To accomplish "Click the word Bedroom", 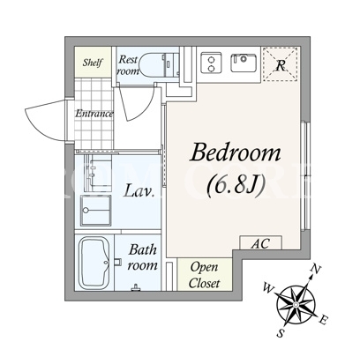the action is (x=236, y=152).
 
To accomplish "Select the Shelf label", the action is (x=93, y=63).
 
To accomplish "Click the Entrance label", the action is (x=94, y=114).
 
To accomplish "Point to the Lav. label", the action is (x=139, y=191).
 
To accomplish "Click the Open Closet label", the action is (x=204, y=275).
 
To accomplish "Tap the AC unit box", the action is (x=261, y=242).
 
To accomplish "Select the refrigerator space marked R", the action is (x=281, y=64).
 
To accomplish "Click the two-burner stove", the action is (x=211, y=63).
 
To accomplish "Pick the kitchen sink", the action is (x=244, y=63).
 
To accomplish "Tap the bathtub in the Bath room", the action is (x=94, y=263).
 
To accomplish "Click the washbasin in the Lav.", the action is (x=96, y=211).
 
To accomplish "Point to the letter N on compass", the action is (x=316, y=269).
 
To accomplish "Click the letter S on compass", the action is (x=281, y=333).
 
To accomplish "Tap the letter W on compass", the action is (x=268, y=288).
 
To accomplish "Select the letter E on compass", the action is (x=324, y=320).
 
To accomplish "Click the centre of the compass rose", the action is (x=296, y=304).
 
